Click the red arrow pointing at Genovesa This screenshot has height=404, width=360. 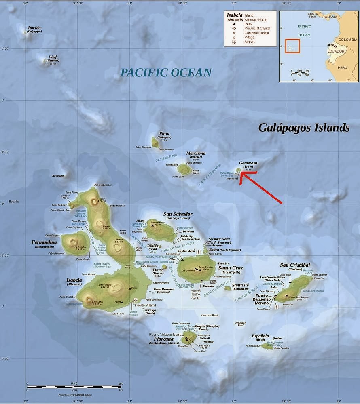pos(261,189)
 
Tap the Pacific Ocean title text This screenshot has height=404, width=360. pos(166,73)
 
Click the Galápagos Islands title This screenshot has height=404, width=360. pos(304,128)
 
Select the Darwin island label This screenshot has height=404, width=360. pos(34,28)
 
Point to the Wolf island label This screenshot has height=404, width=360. pos(53,57)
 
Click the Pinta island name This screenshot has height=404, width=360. pos(164,133)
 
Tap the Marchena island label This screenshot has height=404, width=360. pos(196,154)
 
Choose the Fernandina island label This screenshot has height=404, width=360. pos(44,242)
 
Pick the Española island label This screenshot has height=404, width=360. pos(260,336)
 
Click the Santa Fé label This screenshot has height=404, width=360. pos(240,285)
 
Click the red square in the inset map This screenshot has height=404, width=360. pos(292,46)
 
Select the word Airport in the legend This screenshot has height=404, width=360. pos(250,42)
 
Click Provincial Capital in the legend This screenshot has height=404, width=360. pos(257,29)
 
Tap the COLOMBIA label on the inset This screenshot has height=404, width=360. pos(348,40)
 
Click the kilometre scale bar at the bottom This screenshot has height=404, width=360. pos(74,387)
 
